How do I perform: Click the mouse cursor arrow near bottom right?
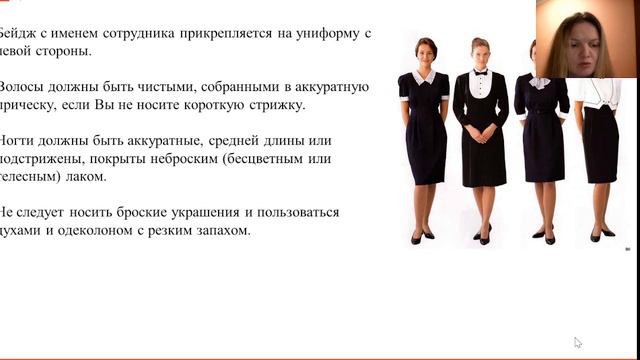coord(578,343)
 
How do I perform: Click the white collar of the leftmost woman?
coord(424,76)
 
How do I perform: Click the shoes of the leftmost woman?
coord(422,237)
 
